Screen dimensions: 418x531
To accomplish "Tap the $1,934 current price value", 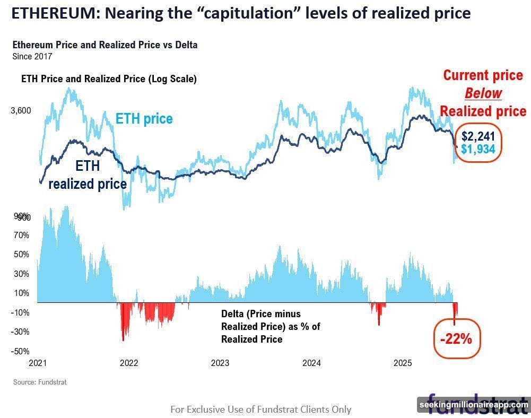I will (x=478, y=149).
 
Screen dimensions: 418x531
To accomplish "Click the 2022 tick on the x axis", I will (x=129, y=363).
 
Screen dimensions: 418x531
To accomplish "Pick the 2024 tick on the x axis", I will (x=311, y=363).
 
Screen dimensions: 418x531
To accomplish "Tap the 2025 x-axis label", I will (x=403, y=363).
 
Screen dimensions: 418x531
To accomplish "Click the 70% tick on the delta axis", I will (x=21, y=235).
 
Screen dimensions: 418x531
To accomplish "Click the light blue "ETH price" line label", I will (x=144, y=118).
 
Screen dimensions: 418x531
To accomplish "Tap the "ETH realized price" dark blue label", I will (x=88, y=175).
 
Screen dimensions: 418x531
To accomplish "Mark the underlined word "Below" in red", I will (x=483, y=93).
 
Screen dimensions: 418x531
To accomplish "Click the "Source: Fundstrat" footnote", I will (x=40, y=381).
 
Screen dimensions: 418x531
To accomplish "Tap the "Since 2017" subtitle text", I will (x=32, y=55).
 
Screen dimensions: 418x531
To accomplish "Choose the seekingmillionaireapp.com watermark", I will (x=474, y=405).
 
